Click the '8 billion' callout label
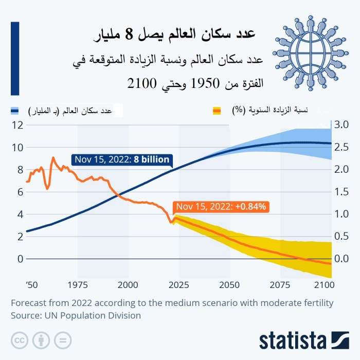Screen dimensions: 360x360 (x=121, y=159)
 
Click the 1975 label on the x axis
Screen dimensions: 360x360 (x=77, y=284)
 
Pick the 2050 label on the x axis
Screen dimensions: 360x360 (x=229, y=284)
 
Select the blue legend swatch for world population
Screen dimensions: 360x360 (x=14, y=111)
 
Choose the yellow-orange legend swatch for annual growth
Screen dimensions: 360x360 (x=217, y=111)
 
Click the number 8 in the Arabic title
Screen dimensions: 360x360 (x=137, y=35)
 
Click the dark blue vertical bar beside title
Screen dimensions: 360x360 (x=15, y=58)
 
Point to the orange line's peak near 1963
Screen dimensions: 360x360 (x=53, y=158)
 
